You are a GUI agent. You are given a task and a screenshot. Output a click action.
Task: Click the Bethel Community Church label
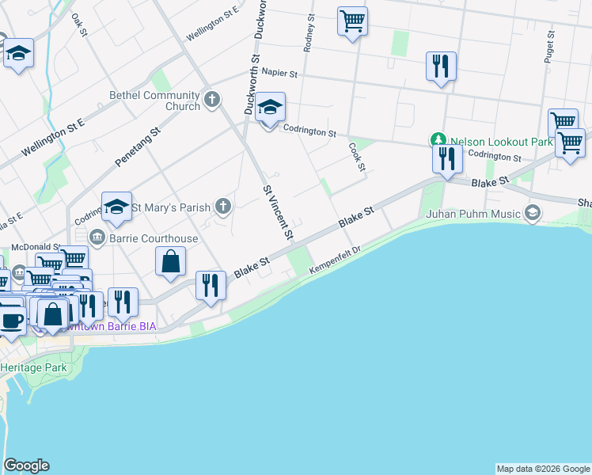point(154,101)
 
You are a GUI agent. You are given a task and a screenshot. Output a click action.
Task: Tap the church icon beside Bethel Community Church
point(211,101)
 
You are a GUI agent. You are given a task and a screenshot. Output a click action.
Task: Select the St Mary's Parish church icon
point(223,207)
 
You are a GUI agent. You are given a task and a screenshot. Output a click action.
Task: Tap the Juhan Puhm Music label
point(473,213)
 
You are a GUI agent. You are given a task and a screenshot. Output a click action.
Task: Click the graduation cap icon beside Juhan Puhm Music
point(533,212)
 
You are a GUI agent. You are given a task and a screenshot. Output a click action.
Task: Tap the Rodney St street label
point(310,32)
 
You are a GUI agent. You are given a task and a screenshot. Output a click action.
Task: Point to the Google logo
point(26,465)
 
